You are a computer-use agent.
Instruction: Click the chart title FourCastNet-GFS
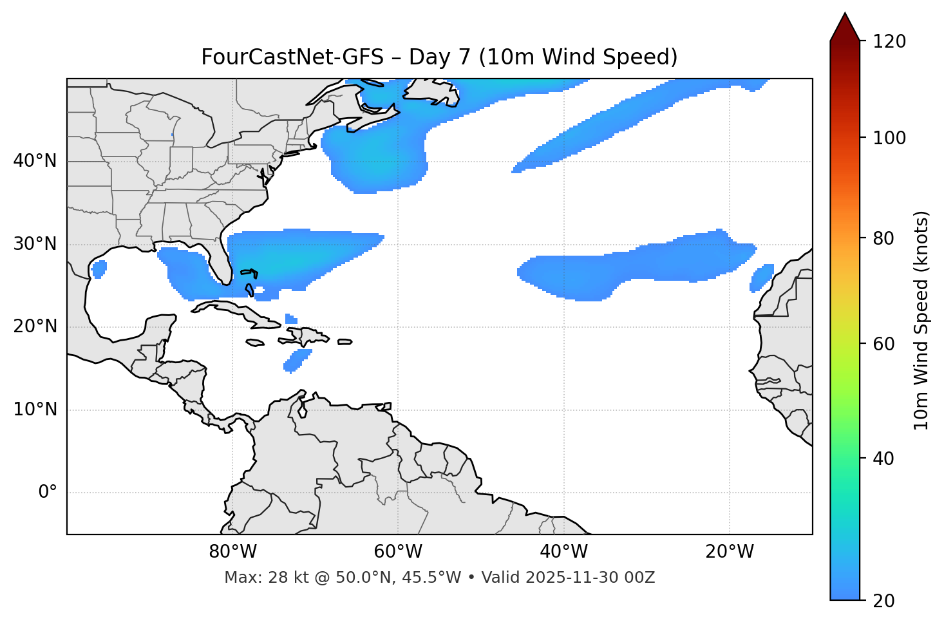click(x=292, y=57)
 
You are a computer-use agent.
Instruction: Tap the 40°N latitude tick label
click(x=35, y=161)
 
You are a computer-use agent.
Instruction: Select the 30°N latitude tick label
click(x=35, y=244)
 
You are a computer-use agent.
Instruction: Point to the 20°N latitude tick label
click(x=35, y=326)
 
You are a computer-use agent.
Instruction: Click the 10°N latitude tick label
click(x=35, y=410)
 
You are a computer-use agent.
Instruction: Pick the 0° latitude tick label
click(x=48, y=493)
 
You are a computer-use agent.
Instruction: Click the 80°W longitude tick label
click(x=232, y=552)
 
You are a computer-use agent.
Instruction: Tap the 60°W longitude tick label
click(x=398, y=552)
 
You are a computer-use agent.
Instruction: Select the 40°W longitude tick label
click(x=563, y=552)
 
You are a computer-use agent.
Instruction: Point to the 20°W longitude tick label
click(x=729, y=552)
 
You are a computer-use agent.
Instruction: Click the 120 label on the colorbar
click(x=889, y=41)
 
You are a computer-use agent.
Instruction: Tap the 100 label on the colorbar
click(x=889, y=138)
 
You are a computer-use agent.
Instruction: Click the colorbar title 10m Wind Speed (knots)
click(x=921, y=320)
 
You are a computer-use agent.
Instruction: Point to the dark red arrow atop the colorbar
click(x=845, y=27)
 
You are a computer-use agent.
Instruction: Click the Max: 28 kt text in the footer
click(x=258, y=578)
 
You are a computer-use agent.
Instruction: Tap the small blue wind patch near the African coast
click(x=762, y=278)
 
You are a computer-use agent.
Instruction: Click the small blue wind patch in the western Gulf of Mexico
click(x=99, y=269)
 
